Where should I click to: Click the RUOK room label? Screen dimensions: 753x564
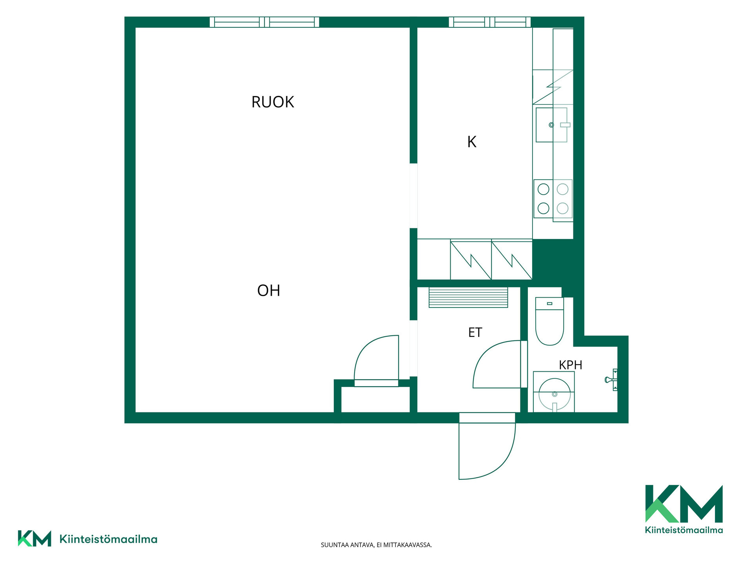pos(273,102)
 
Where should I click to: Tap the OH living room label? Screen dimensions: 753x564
pos(269,291)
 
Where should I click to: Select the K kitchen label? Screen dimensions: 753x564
pos(472,142)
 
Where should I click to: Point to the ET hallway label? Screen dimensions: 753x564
pos(475,333)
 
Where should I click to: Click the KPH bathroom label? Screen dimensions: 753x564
pos(570,365)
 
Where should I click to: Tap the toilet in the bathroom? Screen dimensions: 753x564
pos(549,321)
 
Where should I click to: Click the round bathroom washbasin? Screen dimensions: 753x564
pos(554,394)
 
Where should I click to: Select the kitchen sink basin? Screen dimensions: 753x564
pos(551,125)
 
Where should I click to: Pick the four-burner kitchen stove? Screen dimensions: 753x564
pos(553,199)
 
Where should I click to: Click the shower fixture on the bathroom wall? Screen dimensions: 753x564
pos(611,380)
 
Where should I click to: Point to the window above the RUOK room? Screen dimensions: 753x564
pos(264,22)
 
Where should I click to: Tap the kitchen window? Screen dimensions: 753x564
pos(489,22)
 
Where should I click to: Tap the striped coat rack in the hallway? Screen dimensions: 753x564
pos(468,297)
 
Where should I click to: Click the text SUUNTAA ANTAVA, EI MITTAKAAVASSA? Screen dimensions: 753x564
pos(376,545)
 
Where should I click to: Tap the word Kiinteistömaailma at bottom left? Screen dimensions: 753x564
pos(108,539)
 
